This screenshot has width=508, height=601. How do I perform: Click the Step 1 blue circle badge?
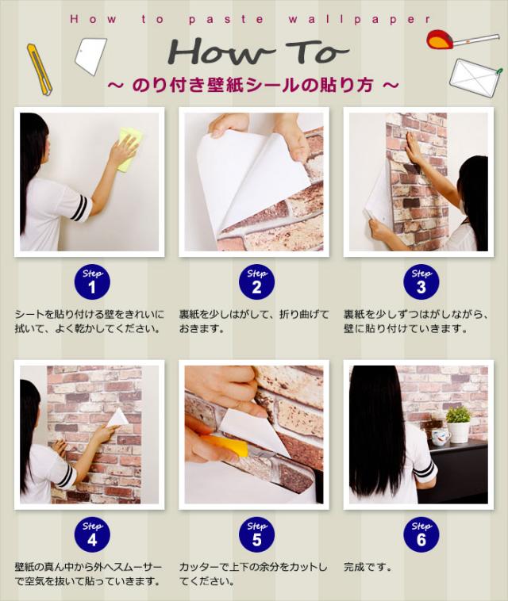coord(92,283)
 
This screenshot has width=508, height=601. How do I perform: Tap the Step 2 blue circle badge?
coord(256,283)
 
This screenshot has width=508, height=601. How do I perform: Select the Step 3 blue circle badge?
coord(421,283)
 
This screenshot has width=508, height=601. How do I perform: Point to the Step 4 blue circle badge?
coord(92,536)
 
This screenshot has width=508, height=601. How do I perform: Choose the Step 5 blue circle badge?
coord(256,536)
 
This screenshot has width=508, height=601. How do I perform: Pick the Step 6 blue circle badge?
coord(421,536)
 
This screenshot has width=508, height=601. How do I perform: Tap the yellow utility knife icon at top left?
coord(39,69)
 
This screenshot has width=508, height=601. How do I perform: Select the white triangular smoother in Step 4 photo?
coord(117,418)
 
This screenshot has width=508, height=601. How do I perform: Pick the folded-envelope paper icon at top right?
coord(475,75)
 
